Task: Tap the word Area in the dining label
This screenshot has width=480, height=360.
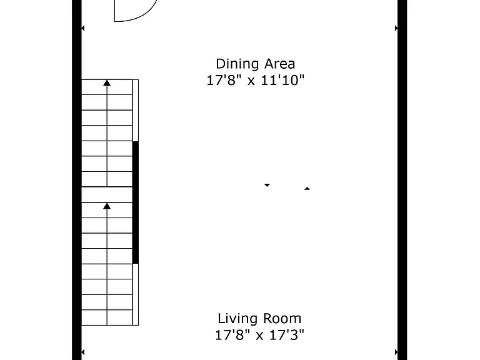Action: click(x=279, y=64)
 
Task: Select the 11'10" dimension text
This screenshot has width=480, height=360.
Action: click(x=282, y=80)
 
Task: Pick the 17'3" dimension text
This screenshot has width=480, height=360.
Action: click(x=286, y=335)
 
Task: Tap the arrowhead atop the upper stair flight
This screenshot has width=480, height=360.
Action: click(x=107, y=82)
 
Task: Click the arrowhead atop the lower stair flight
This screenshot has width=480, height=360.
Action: click(x=107, y=206)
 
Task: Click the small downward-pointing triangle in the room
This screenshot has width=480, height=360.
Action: click(x=267, y=185)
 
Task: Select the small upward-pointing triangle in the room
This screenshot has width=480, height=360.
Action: click(x=307, y=189)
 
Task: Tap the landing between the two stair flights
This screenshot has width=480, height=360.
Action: click(x=107, y=194)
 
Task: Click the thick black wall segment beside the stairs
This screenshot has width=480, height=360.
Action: click(x=135, y=202)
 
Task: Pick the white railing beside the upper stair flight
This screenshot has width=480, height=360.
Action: click(x=136, y=110)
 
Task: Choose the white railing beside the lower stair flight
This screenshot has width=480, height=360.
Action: click(x=136, y=294)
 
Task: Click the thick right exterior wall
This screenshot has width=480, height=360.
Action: click(x=402, y=180)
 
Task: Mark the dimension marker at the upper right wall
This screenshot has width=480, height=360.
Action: click(x=396, y=28)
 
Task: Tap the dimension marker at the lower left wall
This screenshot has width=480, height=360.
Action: click(x=83, y=352)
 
